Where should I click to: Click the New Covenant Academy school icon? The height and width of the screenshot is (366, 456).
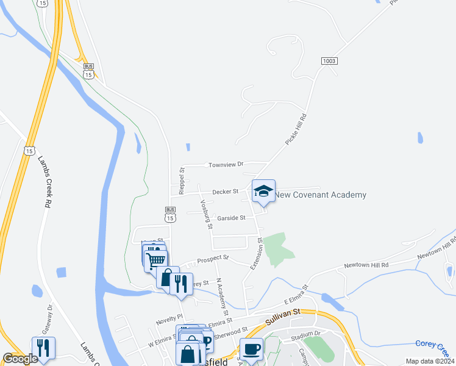point(263,192)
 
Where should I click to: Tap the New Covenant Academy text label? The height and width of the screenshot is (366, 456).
point(321,195)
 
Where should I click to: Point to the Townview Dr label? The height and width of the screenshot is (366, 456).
point(226,165)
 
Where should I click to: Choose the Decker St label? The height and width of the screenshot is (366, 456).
point(225,192)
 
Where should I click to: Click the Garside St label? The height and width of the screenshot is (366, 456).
point(231,218)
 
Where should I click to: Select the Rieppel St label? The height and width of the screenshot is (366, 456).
point(182,181)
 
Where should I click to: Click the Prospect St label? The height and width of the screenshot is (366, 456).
point(213,259)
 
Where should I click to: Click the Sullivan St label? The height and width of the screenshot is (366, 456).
point(283,314)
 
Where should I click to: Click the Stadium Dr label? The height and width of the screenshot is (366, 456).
point(305,334)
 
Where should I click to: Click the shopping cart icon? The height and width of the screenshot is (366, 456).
point(156,259)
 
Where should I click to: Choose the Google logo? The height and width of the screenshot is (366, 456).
point(20,359)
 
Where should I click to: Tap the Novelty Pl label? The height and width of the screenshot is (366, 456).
point(169,317)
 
